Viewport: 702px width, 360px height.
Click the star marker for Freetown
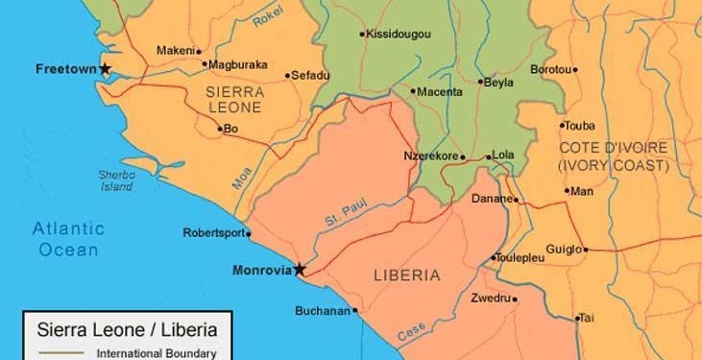coord(106,69)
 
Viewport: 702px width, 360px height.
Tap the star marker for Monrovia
coord(300,270)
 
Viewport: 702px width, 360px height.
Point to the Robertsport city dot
coord(249,233)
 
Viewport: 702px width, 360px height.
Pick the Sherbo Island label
coord(115,180)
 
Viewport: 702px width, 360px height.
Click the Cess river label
coord(410,331)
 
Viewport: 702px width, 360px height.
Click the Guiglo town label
coord(563,250)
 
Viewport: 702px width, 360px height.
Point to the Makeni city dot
coord(198,51)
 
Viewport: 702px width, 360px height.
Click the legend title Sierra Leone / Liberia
coord(126,330)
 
